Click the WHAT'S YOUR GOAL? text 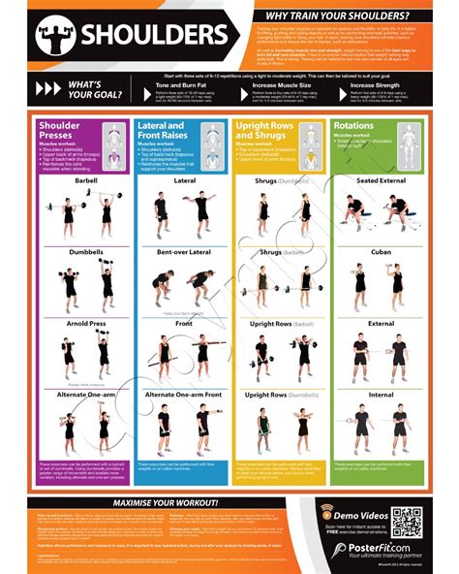coord(94,91)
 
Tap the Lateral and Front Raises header coord(162,132)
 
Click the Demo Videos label coord(361,511)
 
